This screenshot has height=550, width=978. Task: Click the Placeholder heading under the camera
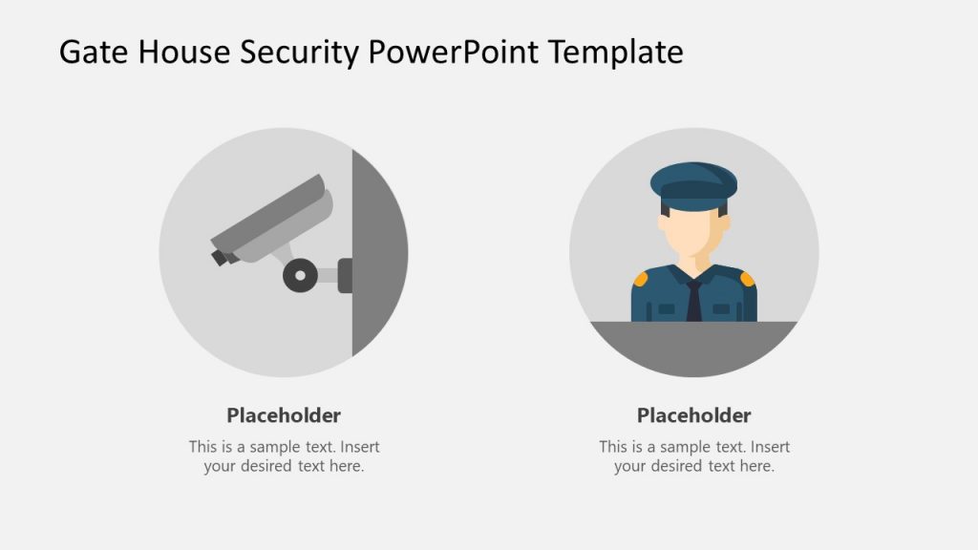click(284, 415)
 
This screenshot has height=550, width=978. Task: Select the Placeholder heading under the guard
click(694, 415)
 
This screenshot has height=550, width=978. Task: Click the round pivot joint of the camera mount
click(300, 275)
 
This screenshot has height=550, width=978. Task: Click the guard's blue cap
click(693, 183)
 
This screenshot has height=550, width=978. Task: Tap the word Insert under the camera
click(360, 447)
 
